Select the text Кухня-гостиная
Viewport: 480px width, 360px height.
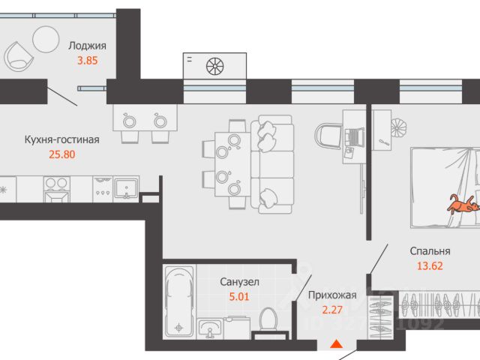(x=61, y=139)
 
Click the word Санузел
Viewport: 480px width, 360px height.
(x=239, y=282)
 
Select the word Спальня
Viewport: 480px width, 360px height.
(x=430, y=251)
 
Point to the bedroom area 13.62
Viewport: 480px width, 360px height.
(x=430, y=265)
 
